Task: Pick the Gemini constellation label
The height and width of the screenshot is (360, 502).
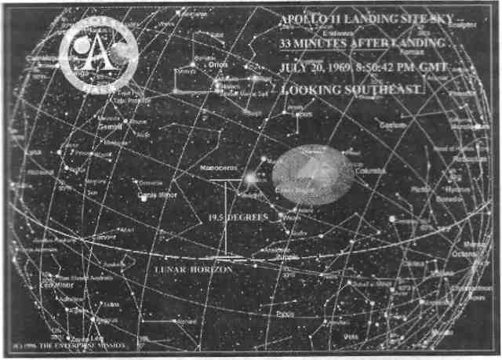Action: click(x=107, y=125)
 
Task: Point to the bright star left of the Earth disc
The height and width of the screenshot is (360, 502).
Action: click(x=249, y=180)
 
